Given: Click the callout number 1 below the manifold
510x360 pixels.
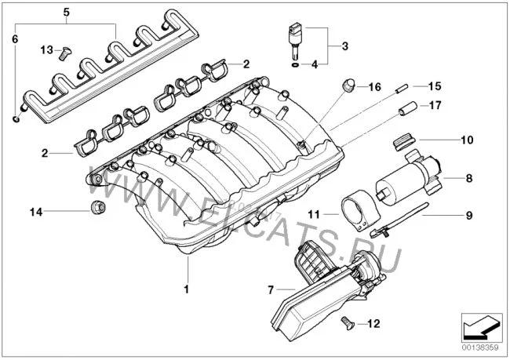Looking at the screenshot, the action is pos(187,289).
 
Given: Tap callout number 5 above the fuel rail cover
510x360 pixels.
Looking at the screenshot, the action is pos(67,13).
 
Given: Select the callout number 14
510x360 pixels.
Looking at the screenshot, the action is pos(36,212).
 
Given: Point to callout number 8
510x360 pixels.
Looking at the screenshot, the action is pos(468,178).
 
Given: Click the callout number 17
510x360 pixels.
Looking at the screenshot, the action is pos(435,105).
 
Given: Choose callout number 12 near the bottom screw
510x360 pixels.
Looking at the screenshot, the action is pos(373,324).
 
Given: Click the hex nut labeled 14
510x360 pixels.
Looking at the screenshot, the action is pos(97,208).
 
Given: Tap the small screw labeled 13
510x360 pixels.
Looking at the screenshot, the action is pos(65,53).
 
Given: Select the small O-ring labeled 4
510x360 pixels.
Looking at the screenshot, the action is pos(295,65).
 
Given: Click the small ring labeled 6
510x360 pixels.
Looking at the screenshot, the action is pos(16,119).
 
